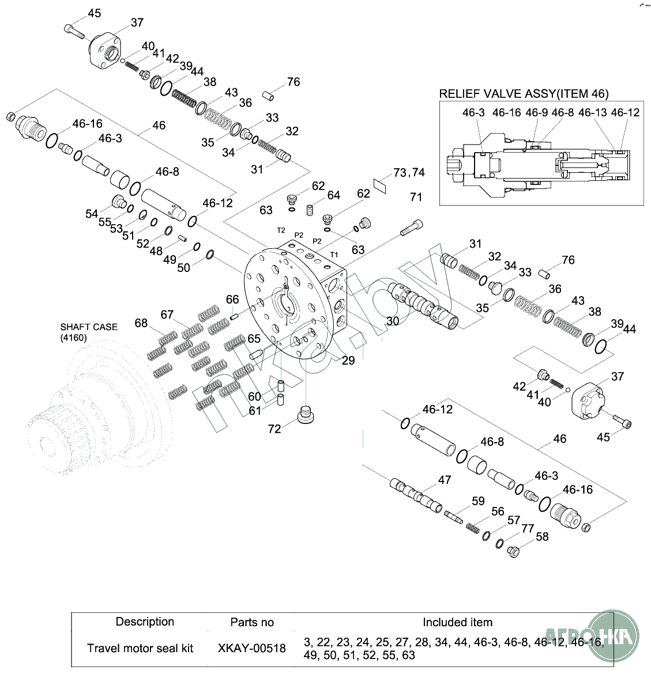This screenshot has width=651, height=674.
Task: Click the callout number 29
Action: tap(348, 361)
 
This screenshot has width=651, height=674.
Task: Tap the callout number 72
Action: tap(274, 429)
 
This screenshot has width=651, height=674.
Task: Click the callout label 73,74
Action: tap(409, 173)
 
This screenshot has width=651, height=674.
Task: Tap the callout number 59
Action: tap(478, 501)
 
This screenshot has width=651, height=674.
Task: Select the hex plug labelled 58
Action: tap(513, 551)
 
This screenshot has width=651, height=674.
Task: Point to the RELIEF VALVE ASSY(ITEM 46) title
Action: tap(524, 94)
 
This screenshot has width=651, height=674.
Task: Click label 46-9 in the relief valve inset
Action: tap(536, 112)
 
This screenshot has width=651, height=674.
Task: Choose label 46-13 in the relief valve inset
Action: tap(592, 112)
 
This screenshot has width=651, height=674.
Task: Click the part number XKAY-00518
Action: tap(252, 648)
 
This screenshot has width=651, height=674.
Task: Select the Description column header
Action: tap(145, 622)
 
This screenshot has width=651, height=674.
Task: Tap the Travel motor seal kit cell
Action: tap(140, 648)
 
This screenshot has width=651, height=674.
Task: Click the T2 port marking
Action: tap(281, 230)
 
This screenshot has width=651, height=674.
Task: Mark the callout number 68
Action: tap(141, 323)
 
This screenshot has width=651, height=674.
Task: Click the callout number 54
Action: tap(92, 214)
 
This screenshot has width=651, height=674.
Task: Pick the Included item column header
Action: tap(457, 622)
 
